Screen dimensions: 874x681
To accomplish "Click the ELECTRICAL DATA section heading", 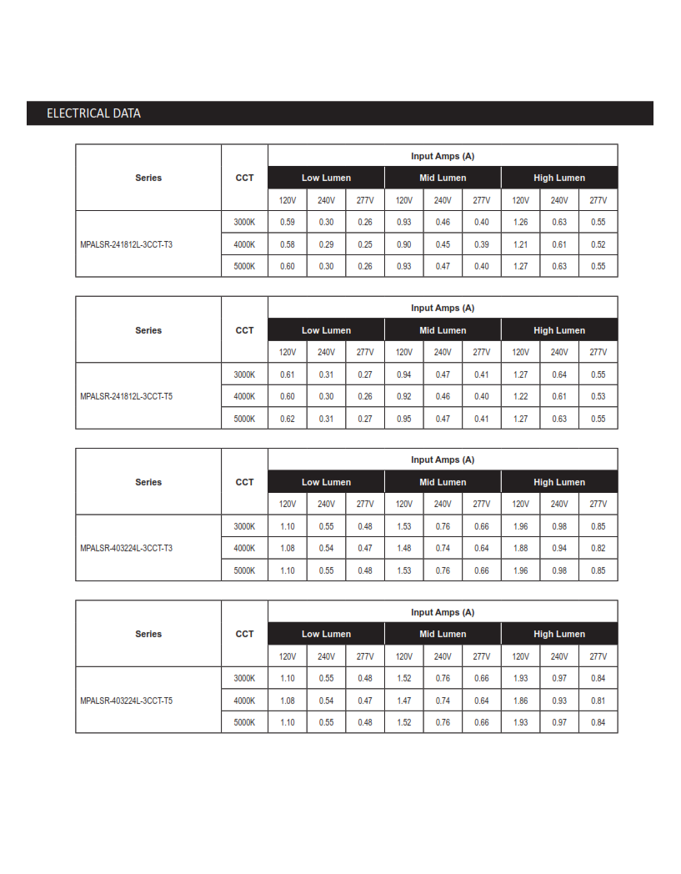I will coord(93,113).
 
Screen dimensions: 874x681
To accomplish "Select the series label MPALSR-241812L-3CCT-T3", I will coord(126,244).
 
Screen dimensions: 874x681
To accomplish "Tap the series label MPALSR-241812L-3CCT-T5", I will coord(126,396).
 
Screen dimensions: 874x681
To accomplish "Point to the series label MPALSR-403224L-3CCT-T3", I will coord(126,548).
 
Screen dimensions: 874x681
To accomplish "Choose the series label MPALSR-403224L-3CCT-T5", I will coord(126,701).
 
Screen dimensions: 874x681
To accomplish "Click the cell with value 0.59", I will coord(288,222).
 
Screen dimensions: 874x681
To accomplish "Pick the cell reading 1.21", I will coord(520,244).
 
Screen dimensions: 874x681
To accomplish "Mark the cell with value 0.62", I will coord(288,419).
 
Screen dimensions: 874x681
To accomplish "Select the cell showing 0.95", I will coord(403,419).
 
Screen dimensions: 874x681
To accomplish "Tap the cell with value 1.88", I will coord(520,548).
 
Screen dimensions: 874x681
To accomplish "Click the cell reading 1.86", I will coord(520,701).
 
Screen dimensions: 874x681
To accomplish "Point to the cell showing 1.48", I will coord(403,548).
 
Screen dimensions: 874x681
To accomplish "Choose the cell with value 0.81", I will coord(598,701).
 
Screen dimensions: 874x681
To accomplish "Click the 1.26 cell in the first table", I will coord(520,222).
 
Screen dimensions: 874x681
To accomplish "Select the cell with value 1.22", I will coord(520,396).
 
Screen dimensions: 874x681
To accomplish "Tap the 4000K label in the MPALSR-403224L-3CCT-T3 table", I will coord(244,548).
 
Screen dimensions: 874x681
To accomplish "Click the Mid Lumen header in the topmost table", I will coord(443,178).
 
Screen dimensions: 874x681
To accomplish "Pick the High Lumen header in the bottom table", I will coord(559,634).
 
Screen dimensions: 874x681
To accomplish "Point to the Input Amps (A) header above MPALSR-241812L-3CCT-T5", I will coord(443,308).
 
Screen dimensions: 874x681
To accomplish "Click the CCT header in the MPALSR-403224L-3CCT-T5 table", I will coord(244,634).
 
